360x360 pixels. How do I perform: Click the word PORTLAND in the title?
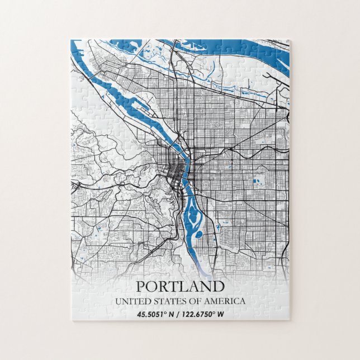point(180,287)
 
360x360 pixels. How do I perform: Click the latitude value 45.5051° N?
point(157,314)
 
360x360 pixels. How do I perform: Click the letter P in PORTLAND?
point(141,287)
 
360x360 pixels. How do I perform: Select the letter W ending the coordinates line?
point(221,314)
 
